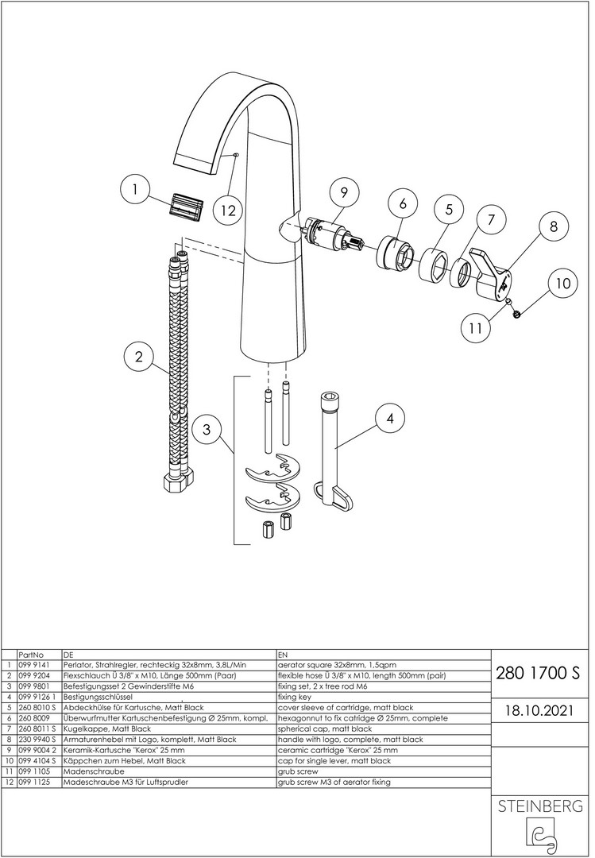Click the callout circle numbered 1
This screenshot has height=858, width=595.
pos(135,190)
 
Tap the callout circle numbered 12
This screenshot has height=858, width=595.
pos(229,210)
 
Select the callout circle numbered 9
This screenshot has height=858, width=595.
pos(344,192)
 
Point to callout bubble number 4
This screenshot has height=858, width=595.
pos(390,419)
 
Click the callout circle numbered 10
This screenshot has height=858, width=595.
pos(562,283)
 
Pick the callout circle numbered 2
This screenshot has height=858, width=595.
pos(138,357)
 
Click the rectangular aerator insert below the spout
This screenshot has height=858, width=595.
pos(184,207)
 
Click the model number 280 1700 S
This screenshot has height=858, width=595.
pos(537,673)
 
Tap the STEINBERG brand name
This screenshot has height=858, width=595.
pos(539,806)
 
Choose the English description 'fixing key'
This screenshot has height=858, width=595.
pos(295,698)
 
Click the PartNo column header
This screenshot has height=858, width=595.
pos(31,655)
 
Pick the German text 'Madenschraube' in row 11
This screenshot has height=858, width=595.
pos(87,771)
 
